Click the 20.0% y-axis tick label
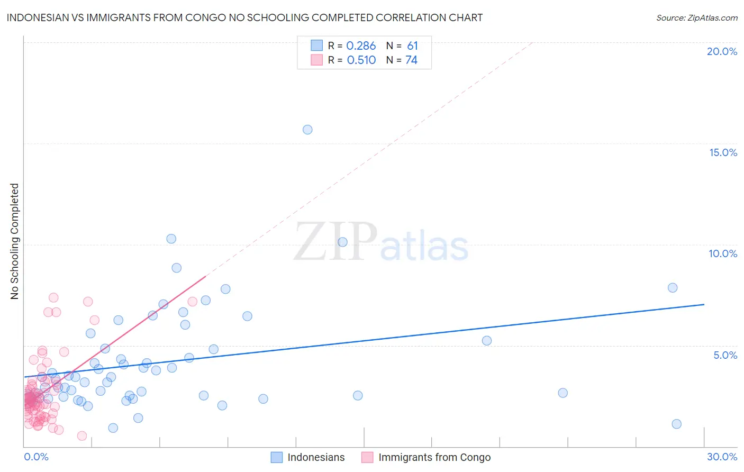722,51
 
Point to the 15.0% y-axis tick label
723,152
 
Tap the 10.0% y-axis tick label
723,253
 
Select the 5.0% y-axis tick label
725,355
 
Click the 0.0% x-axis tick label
36,457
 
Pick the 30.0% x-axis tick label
722,457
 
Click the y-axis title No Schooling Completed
14,241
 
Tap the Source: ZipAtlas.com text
696,17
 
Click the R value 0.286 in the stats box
361,46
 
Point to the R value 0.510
361,60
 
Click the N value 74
411,60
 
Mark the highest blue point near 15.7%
307,130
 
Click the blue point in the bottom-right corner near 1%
676,424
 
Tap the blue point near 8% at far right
673,288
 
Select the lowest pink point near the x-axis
82,436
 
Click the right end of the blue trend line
704,304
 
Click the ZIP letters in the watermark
335,242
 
